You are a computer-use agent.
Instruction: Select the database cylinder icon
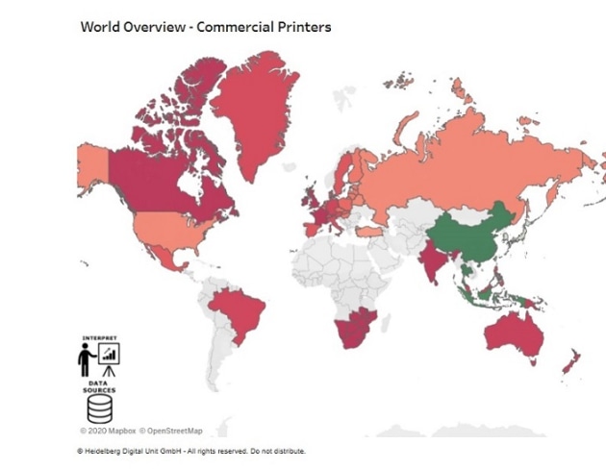coord(99,408)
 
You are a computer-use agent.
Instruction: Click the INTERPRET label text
coord(99,338)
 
